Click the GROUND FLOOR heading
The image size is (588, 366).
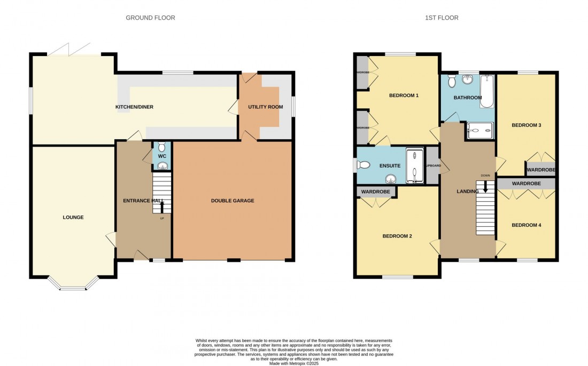[150, 18]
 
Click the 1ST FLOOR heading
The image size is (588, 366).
[442, 18]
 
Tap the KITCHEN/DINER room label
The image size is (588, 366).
[134, 107]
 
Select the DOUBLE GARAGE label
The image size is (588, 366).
[233, 201]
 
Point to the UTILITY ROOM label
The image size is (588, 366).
[265, 107]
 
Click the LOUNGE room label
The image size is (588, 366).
[73, 217]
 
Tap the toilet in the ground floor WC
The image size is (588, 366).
[161, 147]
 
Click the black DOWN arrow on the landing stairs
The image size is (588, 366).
[485, 186]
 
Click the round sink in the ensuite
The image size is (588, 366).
[392, 178]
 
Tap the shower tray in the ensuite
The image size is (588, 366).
[414, 165]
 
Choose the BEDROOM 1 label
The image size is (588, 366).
[404, 96]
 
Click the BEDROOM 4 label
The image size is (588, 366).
[526, 225]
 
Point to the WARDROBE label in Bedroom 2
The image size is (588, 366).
[376, 192]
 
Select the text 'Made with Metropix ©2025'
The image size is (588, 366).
[293, 363]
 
